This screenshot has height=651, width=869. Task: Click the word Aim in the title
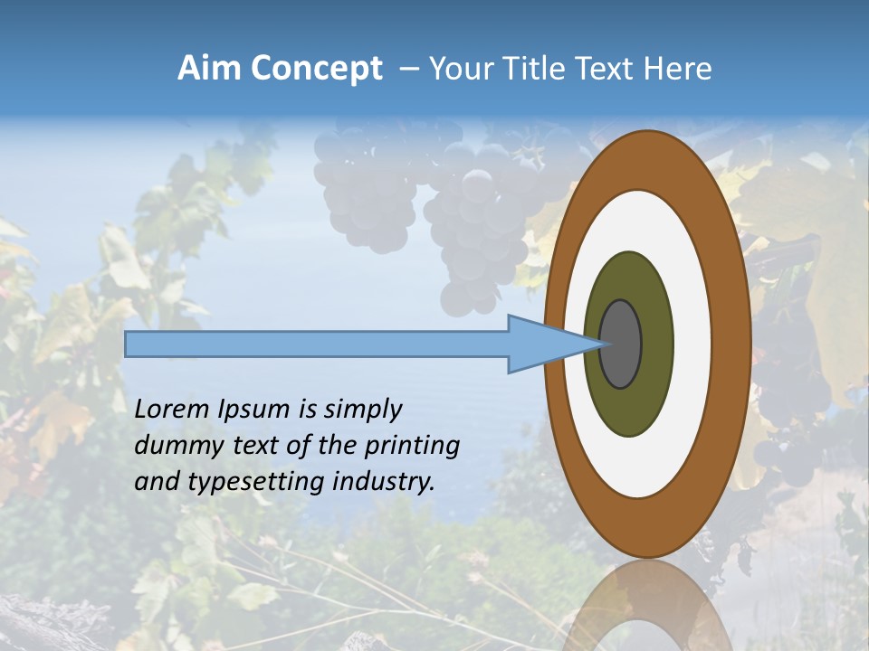tap(210, 69)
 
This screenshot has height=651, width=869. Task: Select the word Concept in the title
tap(317, 69)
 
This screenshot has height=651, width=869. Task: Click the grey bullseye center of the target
tap(620, 344)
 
